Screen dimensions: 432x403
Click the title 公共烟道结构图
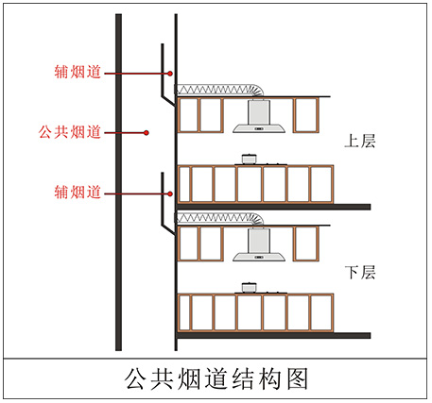coord(216,379)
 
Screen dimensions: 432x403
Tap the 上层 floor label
coord(360,142)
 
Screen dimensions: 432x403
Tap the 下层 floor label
coord(360,273)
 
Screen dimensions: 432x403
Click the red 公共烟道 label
coord(70,132)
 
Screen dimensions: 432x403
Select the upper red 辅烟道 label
coord(78,72)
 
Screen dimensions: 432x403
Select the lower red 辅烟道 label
coord(78,192)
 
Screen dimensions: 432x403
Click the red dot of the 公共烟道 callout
coord(146,133)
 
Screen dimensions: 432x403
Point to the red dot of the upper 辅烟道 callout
coord(170,74)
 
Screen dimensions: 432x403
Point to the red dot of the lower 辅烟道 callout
coord(170,193)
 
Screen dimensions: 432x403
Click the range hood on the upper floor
coord(259,116)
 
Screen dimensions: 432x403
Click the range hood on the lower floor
coord(259,245)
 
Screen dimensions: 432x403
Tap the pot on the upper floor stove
coord(249,159)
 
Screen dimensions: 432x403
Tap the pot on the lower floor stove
coord(249,288)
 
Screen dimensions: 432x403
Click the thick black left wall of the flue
coord(118,182)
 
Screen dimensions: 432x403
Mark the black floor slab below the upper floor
coord(273,207)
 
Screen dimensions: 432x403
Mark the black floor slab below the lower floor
coord(273,336)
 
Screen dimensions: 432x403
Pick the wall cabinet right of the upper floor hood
coord(306,115)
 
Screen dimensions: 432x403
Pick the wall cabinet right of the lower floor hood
coord(306,243)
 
